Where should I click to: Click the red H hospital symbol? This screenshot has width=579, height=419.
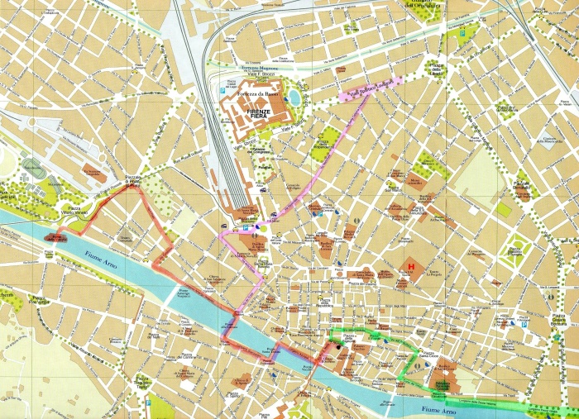point(408,267)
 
